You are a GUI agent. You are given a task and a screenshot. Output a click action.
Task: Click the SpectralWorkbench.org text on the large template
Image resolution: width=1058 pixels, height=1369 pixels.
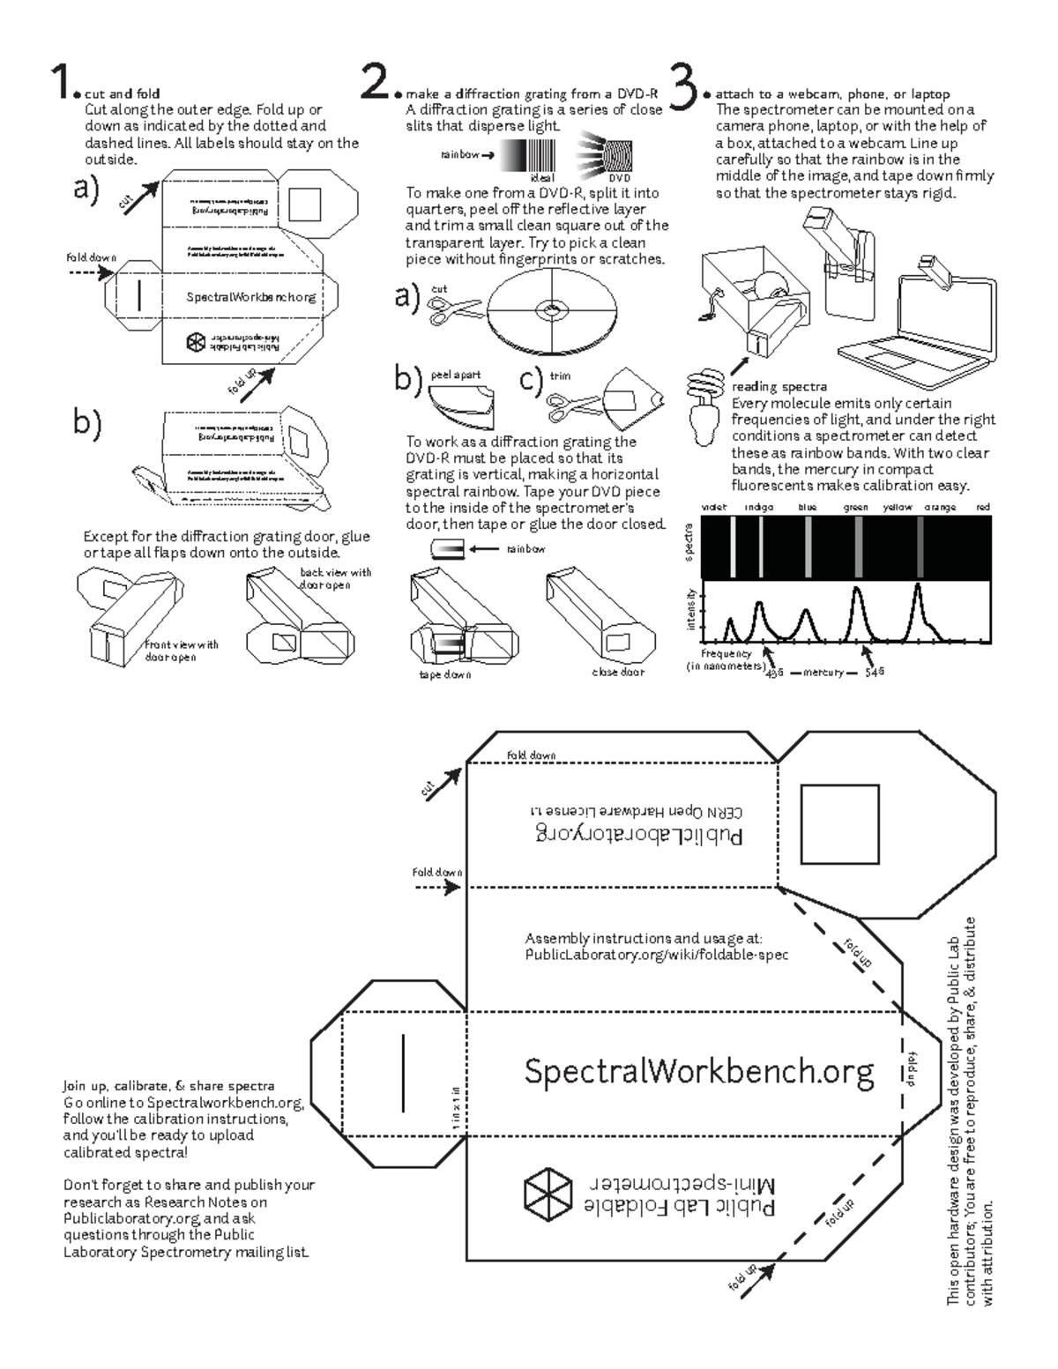pyautogui.click(x=698, y=1071)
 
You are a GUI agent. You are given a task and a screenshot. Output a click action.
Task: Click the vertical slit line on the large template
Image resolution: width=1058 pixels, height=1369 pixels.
pyautogui.click(x=403, y=1072)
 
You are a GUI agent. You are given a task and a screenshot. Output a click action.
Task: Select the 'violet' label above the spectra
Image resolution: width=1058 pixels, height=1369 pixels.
pyautogui.click(x=714, y=508)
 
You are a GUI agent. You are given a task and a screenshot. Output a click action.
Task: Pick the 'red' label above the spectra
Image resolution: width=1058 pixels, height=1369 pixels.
pyautogui.click(x=983, y=508)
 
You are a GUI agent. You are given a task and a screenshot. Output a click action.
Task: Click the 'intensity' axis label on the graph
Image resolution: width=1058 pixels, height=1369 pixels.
pyautogui.click(x=692, y=610)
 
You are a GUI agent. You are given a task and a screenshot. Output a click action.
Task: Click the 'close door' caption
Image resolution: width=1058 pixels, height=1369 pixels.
pyautogui.click(x=617, y=672)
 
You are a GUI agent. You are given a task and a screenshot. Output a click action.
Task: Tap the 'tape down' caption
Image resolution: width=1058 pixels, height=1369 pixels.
pyautogui.click(x=444, y=674)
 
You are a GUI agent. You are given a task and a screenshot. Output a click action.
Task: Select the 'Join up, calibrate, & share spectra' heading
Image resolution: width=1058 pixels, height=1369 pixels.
pyautogui.click(x=168, y=1086)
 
